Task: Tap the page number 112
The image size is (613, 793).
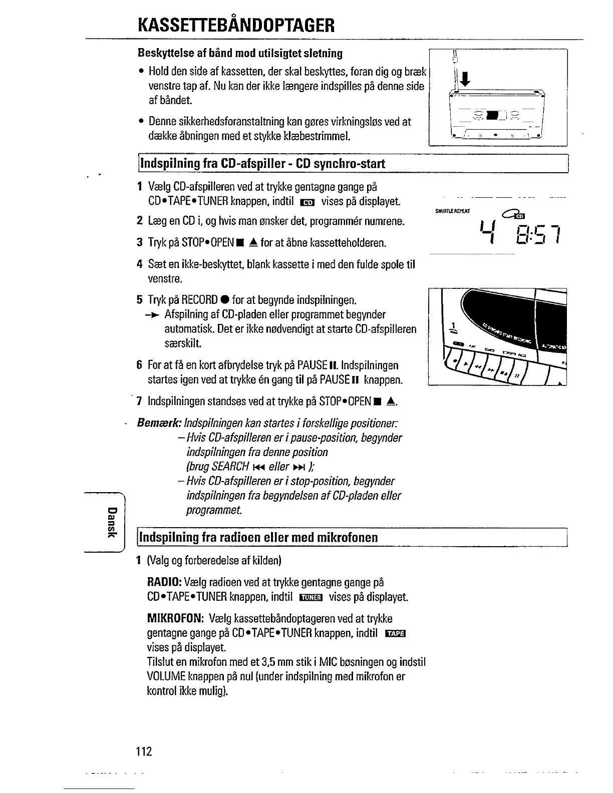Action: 143,751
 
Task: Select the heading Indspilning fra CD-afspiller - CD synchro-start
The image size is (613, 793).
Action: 262,164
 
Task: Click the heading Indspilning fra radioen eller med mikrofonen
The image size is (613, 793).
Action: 258,538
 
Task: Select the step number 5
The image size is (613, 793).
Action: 140,300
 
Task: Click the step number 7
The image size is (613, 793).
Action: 140,402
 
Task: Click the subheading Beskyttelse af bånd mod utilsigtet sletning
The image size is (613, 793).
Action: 240,53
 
